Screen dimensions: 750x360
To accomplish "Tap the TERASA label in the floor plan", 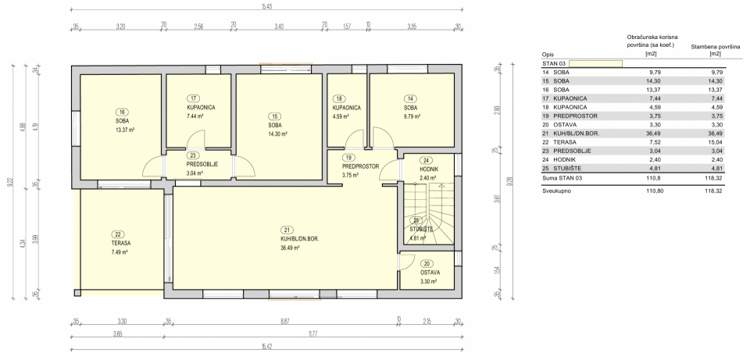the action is click(x=118, y=244).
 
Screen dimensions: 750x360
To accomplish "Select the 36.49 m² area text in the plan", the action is click(x=291, y=248).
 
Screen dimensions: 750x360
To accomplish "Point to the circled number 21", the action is click(x=287, y=229).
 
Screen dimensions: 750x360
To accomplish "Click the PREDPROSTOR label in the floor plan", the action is click(x=360, y=166).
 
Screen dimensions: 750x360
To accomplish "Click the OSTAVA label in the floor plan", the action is click(x=430, y=273).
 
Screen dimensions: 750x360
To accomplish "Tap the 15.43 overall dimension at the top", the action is click(x=267, y=7).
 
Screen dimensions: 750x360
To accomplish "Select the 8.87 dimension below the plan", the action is click(x=284, y=321).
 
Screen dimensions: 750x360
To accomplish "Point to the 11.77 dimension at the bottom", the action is click(x=312, y=334).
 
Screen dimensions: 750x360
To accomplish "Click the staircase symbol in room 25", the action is click(x=428, y=214).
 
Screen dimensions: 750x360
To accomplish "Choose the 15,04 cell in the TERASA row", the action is click(x=716, y=142).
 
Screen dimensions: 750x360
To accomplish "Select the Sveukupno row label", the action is click(x=556, y=191).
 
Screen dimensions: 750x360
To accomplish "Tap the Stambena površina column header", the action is click(x=715, y=50).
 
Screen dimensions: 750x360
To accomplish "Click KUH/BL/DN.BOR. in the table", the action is click(x=577, y=134).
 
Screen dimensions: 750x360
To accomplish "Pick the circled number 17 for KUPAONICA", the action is click(x=194, y=98).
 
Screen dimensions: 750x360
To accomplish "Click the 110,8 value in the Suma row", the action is click(x=655, y=178).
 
